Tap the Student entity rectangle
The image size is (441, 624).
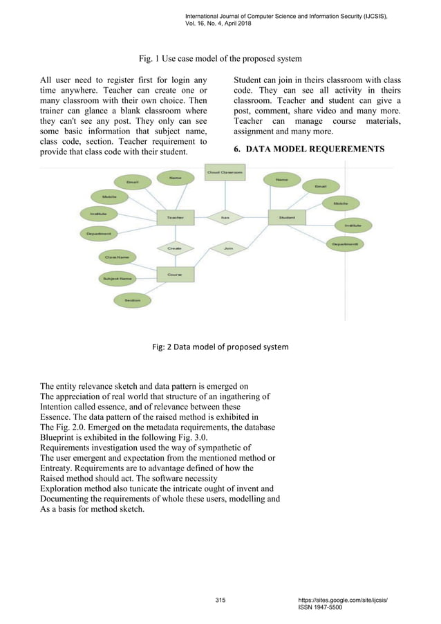point(286,217)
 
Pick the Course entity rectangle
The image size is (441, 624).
point(176,274)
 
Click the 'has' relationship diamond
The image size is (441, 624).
point(225,217)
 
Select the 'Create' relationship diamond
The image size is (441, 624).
point(174,246)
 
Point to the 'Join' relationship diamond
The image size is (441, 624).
point(229,246)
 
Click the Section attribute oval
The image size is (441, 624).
point(132,300)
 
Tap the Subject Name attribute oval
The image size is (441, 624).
point(117,279)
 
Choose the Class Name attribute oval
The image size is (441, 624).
point(117,257)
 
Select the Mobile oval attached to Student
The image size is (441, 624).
point(340,203)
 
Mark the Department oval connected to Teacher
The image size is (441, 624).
point(100,234)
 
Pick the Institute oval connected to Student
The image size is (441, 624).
point(353,225)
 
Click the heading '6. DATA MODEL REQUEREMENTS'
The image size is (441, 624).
point(309,149)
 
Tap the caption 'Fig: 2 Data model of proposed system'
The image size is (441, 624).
point(220,347)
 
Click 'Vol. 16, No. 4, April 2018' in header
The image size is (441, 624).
point(218,24)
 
